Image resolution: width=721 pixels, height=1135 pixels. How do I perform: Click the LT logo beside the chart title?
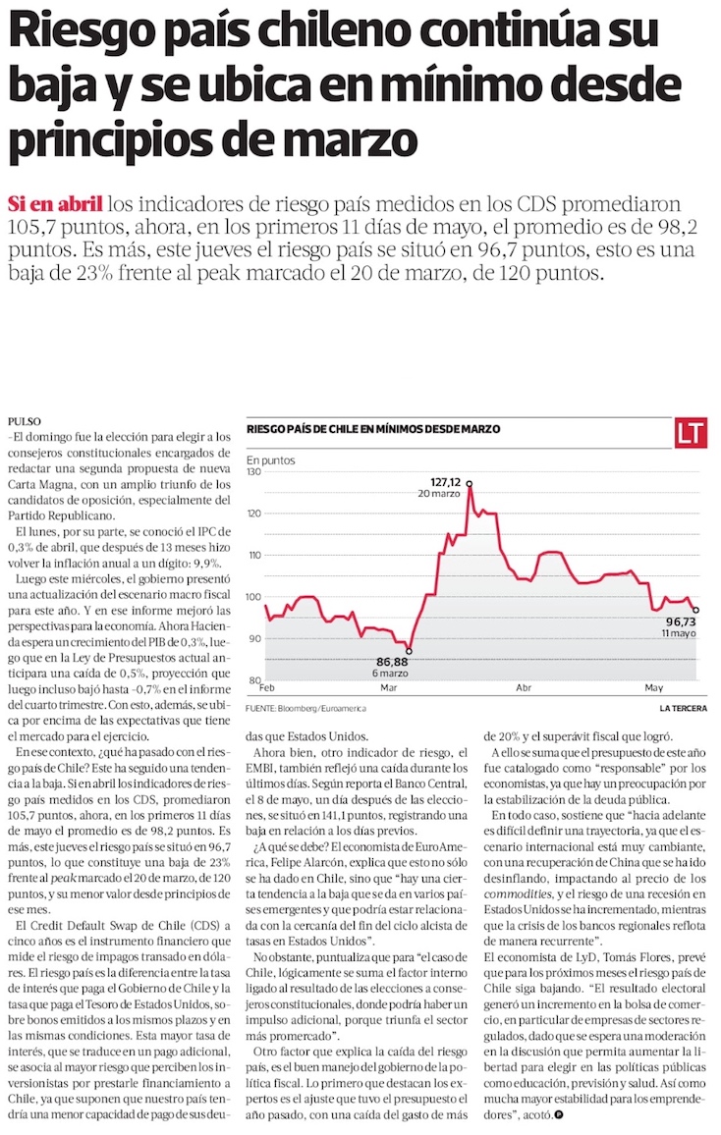[692, 432]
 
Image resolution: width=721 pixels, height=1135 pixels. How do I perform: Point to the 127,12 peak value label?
[445, 481]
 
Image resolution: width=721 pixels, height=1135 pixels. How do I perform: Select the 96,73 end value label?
[681, 622]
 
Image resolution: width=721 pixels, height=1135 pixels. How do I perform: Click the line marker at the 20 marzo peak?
[470, 483]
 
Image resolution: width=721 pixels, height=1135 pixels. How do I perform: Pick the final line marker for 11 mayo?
[695, 610]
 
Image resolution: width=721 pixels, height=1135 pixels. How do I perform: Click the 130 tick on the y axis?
[253, 472]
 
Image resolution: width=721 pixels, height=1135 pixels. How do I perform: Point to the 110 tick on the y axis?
[253, 555]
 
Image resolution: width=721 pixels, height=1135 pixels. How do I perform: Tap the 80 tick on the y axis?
[254, 680]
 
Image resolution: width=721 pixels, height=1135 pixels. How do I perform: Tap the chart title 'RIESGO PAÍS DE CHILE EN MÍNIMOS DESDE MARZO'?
[373, 429]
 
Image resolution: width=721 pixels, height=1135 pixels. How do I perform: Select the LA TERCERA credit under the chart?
[683, 708]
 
